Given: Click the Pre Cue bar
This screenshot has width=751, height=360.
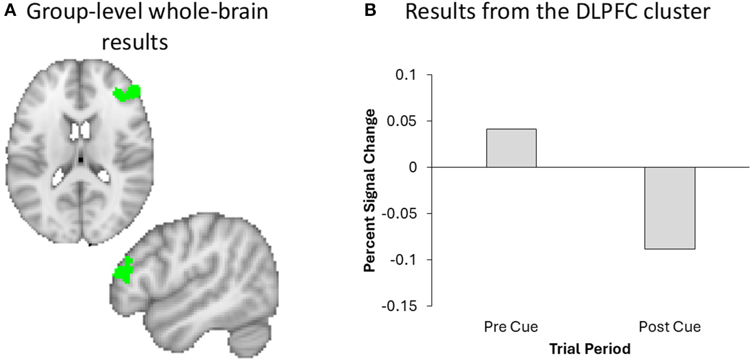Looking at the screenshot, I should [x=511, y=148].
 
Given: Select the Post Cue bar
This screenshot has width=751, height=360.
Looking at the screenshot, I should [x=669, y=208].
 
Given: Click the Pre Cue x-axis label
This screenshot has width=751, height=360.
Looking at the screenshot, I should [x=511, y=327].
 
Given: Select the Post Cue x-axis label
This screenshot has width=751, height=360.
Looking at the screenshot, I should [x=669, y=327].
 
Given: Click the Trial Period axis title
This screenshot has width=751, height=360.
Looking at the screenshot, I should [x=590, y=348].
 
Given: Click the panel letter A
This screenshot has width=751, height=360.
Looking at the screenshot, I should [x=9, y=11].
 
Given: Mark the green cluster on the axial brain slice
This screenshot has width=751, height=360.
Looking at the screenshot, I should [x=127, y=93].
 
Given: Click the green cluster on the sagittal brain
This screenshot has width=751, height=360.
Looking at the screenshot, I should [x=123, y=270].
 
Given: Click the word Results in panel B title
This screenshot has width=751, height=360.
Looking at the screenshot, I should [x=438, y=12].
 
